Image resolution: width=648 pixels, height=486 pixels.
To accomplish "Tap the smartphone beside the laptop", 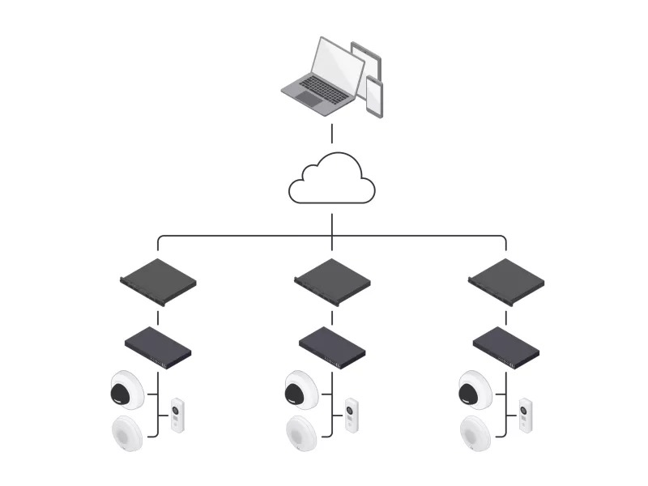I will click(374, 96).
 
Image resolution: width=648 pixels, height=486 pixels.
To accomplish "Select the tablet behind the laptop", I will click(367, 65).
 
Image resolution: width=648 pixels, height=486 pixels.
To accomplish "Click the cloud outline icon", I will click(332, 180).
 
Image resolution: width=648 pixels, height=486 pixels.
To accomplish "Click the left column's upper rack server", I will click(158, 281).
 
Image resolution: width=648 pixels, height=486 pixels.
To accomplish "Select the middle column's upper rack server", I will click(332, 281).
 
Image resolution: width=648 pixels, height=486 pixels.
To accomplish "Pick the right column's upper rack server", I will click(506, 281).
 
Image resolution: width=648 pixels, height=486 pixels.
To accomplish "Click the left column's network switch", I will click(158, 347).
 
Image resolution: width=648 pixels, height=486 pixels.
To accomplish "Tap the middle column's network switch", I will click(332, 347).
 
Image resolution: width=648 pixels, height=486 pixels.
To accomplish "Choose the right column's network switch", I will click(506, 347).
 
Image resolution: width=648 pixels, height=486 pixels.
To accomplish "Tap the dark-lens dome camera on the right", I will click(475, 390).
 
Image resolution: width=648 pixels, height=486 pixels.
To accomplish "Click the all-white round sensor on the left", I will click(127, 433).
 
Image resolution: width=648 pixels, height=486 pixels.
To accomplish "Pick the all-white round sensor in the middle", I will click(301, 433).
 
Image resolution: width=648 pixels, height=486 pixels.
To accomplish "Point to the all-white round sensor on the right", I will click(475, 433).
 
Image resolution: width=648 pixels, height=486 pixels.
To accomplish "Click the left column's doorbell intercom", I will click(177, 415).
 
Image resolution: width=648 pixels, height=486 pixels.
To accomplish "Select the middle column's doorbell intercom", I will click(352, 415).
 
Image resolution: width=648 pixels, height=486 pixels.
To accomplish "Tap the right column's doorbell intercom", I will click(526, 415).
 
